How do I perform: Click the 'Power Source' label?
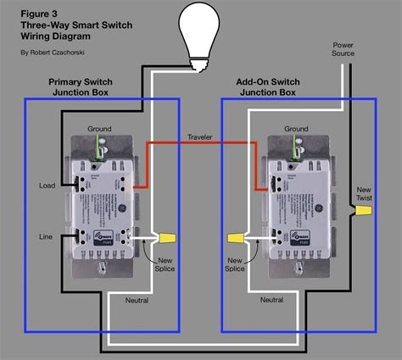click(x=343, y=48)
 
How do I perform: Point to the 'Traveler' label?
click(x=201, y=136)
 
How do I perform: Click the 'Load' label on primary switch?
click(x=47, y=185)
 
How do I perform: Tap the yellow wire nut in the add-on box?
click(x=236, y=238)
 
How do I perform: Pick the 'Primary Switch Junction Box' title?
click(x=78, y=88)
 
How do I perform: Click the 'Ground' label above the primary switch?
click(x=99, y=129)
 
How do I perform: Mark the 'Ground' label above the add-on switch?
click(x=296, y=129)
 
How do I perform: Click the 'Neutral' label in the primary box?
click(x=137, y=301)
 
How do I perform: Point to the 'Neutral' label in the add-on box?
click(x=271, y=301)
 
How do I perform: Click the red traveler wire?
click(x=204, y=145)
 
